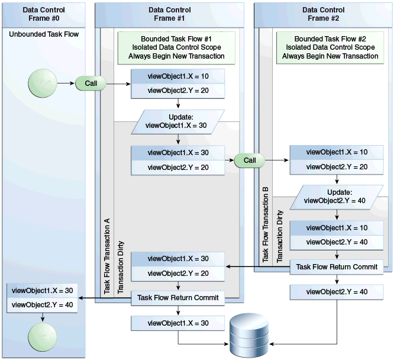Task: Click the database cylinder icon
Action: (249, 335)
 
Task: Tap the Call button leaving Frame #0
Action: (91, 83)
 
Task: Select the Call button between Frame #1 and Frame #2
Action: (250, 160)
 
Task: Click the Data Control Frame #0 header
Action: (44, 14)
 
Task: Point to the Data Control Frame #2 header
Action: (323, 14)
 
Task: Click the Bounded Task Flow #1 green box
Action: (176, 47)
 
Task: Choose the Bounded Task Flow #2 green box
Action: (330, 47)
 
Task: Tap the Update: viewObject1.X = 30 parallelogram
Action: (177, 122)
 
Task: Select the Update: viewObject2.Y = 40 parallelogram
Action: (337, 197)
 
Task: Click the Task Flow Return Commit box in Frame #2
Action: (337, 267)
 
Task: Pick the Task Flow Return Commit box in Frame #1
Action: (178, 298)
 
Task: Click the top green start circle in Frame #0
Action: (43, 83)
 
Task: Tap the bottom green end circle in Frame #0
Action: (43, 337)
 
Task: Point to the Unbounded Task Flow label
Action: (44, 34)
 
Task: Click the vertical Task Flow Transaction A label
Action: (107, 256)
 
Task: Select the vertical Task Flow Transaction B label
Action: (266, 224)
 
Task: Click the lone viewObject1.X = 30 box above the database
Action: (178, 323)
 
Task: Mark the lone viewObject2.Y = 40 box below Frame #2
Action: (337, 292)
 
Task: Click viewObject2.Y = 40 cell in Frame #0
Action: (42, 305)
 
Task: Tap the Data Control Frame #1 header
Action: (169, 14)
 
